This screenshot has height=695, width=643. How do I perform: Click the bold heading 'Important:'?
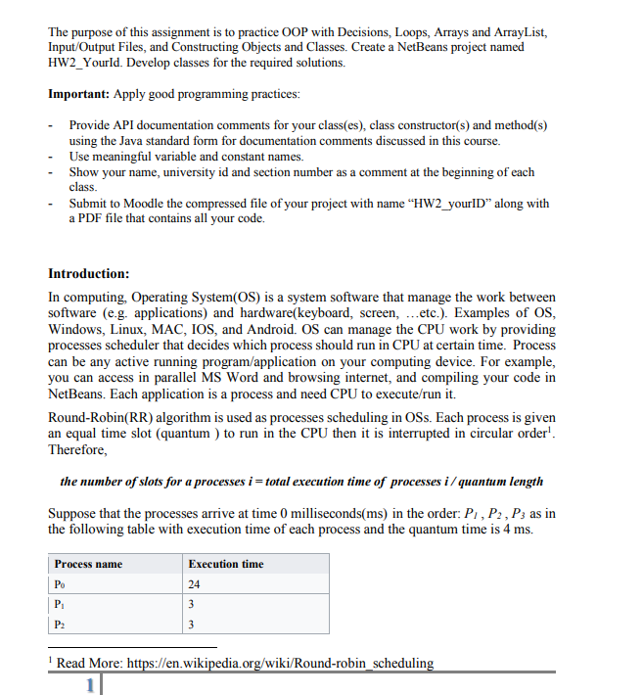click(x=79, y=94)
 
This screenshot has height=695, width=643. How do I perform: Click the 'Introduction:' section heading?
click(x=89, y=273)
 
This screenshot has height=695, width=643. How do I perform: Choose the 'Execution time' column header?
click(x=226, y=564)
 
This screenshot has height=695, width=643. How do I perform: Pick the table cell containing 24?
click(x=195, y=585)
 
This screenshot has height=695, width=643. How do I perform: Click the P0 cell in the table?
click(x=61, y=585)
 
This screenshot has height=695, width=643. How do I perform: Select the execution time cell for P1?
click(x=192, y=605)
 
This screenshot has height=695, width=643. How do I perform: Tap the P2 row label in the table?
click(x=61, y=625)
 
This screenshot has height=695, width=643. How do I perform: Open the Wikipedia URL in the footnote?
click(x=279, y=663)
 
